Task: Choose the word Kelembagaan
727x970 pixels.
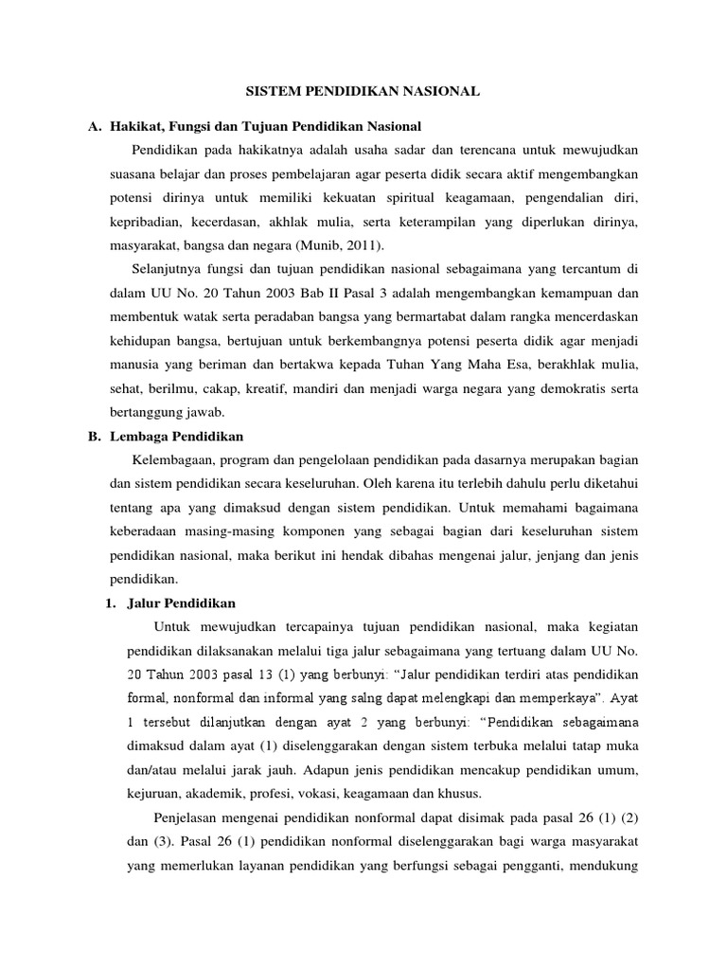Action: click(178, 459)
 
